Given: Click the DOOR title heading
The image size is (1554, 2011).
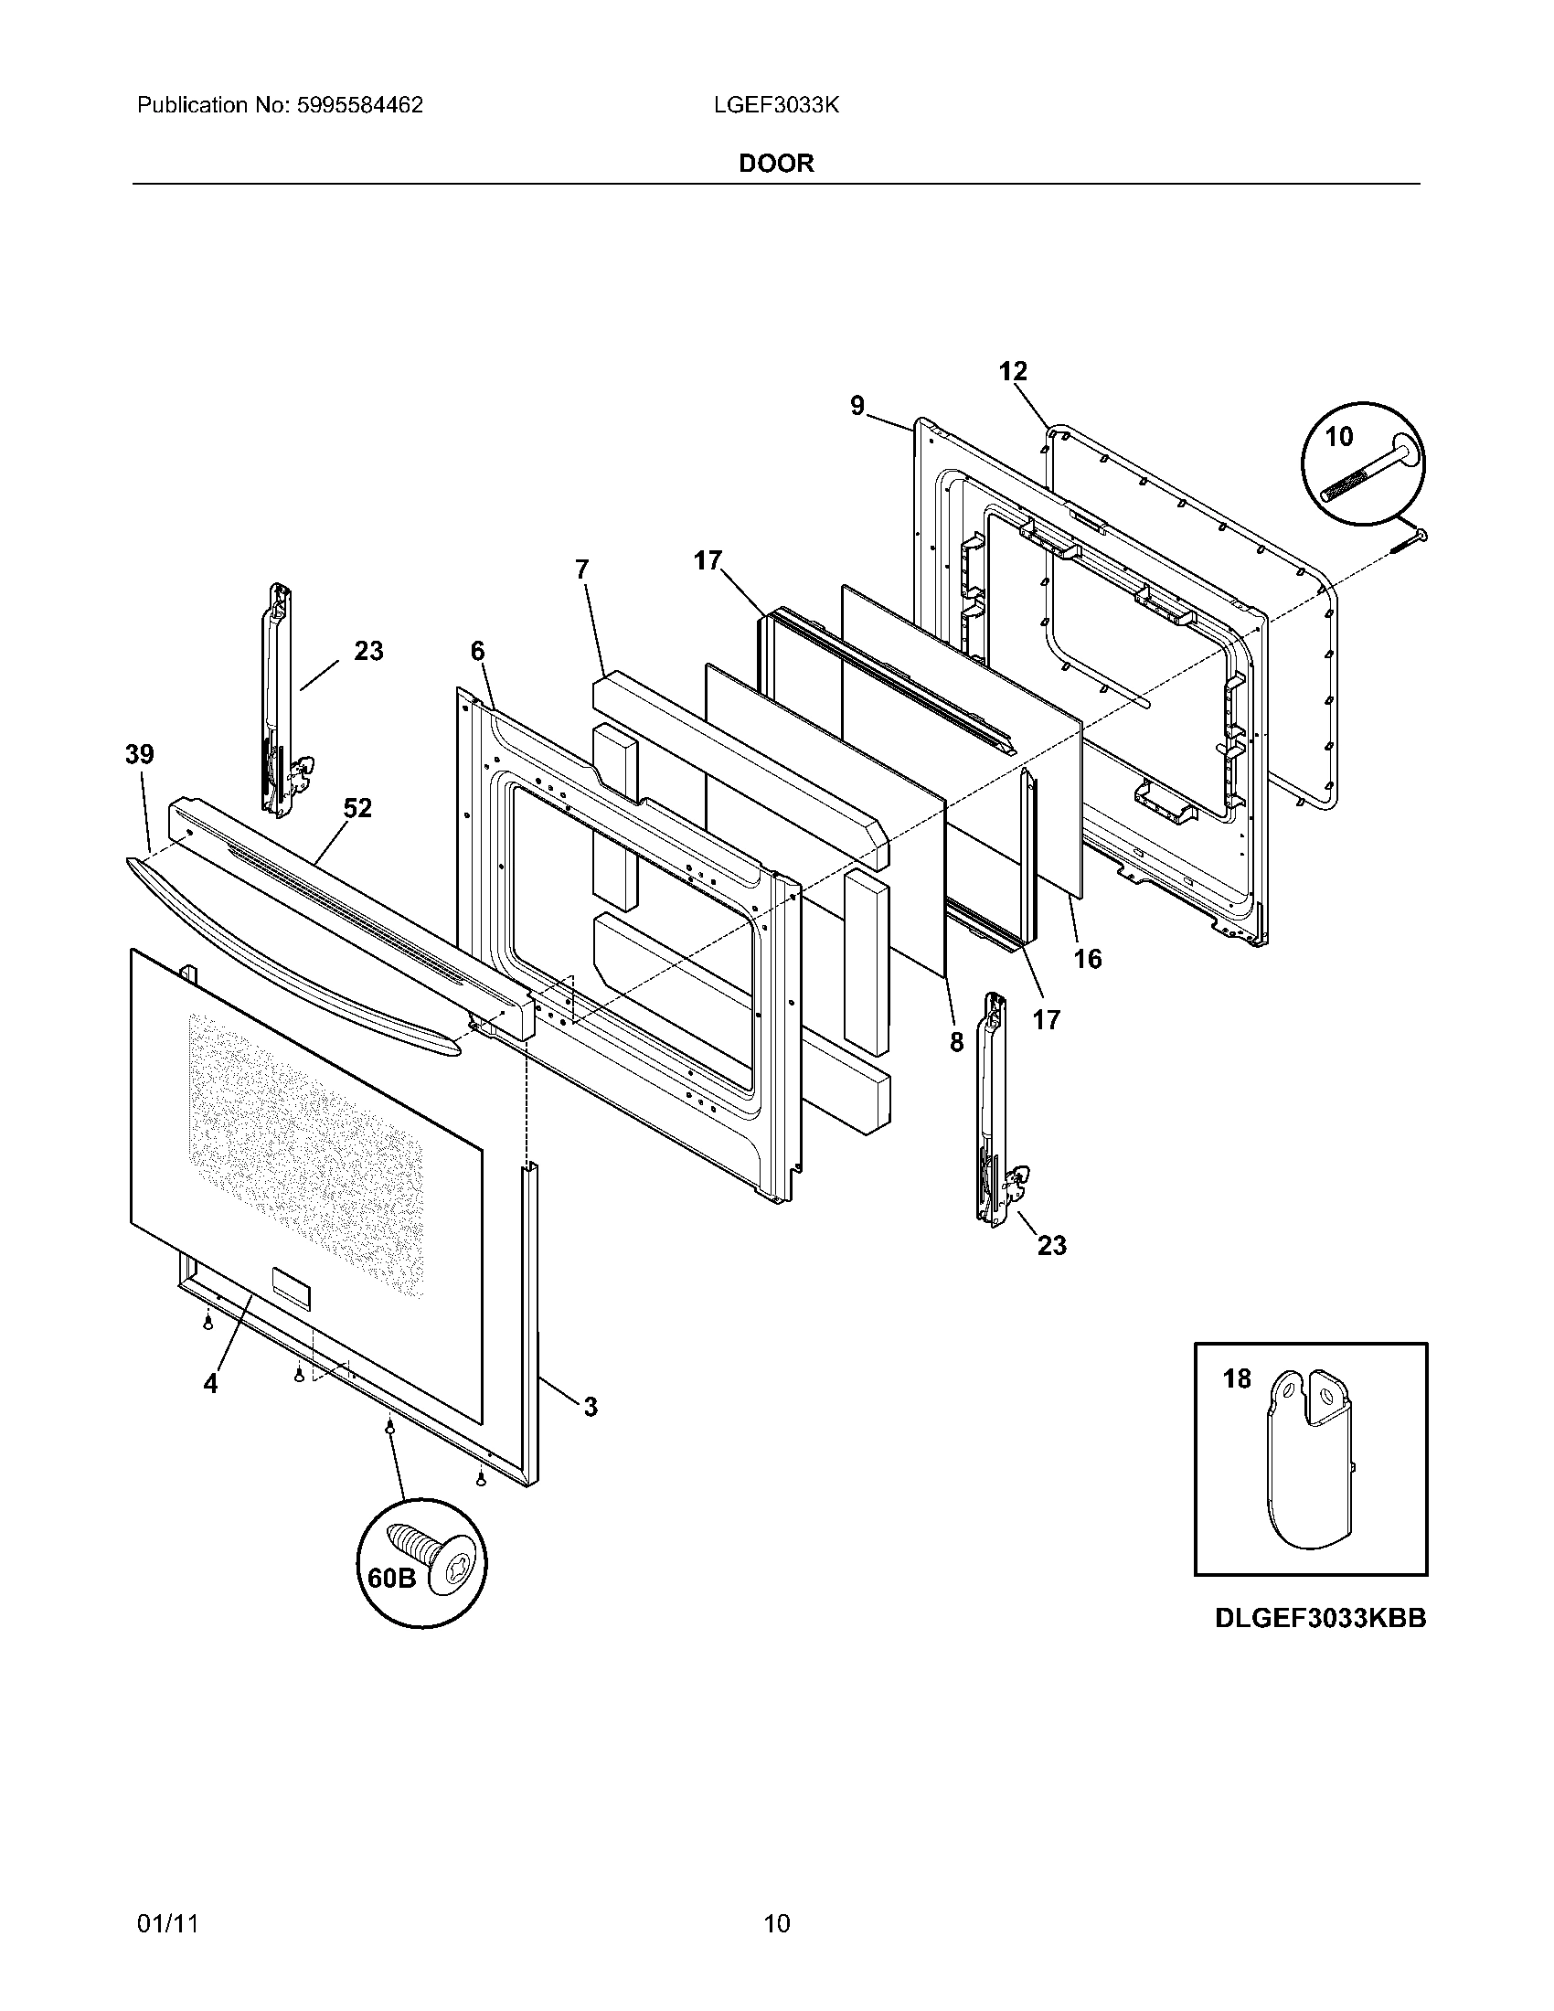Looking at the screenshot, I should click(x=776, y=164).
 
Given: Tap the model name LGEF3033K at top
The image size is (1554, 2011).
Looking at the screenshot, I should click(x=775, y=106).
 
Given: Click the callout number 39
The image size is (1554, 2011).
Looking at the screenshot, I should click(x=140, y=755).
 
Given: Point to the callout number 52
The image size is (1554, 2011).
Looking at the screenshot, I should click(x=357, y=808).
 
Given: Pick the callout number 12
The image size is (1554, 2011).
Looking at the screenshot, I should click(x=1013, y=372).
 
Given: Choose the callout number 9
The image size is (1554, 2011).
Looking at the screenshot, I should click(x=857, y=406).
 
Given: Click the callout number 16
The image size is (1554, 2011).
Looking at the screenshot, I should click(x=1087, y=960).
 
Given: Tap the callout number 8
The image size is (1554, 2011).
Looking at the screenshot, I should click(x=956, y=1042).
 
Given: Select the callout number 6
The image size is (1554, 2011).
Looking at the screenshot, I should click(x=477, y=652).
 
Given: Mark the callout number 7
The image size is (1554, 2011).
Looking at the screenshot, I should click(x=581, y=570).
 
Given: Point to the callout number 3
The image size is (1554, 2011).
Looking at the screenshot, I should click(x=591, y=1407).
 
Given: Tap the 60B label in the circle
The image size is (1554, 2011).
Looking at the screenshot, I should click(x=391, y=1579).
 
